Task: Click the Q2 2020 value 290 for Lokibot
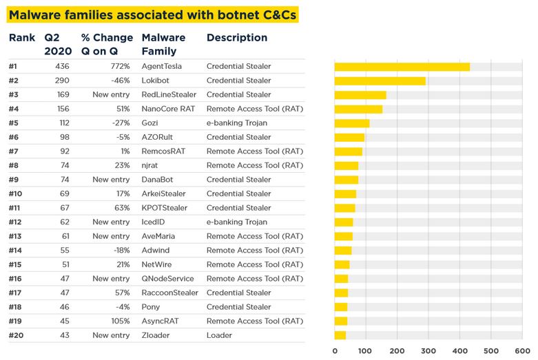click(61, 81)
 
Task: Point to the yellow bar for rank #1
click(402, 67)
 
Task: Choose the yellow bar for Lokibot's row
click(380, 81)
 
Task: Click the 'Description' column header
click(236, 38)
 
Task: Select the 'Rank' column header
click(21, 38)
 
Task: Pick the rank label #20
click(16, 335)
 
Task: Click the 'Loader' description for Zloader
click(219, 335)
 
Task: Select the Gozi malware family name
click(150, 123)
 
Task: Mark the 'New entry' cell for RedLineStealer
click(111, 95)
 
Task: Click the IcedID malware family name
click(154, 222)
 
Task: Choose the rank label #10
click(16, 194)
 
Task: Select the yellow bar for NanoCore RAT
click(358, 109)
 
